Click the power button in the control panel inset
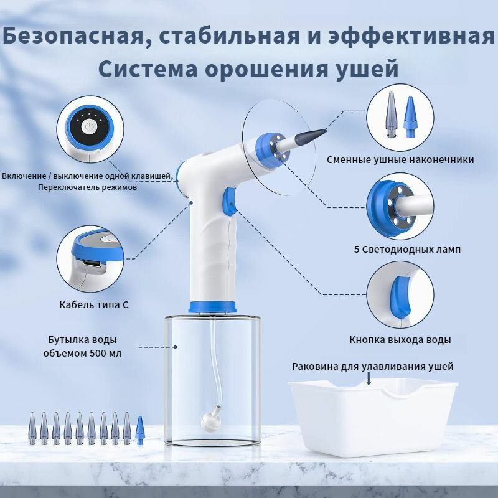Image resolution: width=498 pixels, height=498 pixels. click(x=89, y=127)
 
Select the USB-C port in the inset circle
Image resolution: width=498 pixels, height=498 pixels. click(x=92, y=263)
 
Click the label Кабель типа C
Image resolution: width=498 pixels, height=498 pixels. click(x=94, y=304)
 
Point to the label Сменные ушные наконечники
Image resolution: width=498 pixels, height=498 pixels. click(x=400, y=159)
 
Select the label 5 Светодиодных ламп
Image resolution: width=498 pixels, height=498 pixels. click(x=407, y=250)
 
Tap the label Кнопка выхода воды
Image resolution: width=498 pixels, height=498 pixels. click(x=400, y=339)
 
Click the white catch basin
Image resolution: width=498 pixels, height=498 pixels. click(x=373, y=418)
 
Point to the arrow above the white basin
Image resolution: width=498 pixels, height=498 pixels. click(x=369, y=378)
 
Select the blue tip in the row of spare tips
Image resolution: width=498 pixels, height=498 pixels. click(x=139, y=431)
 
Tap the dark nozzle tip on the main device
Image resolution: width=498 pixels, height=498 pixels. click(x=311, y=134)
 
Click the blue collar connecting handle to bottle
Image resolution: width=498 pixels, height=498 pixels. click(x=212, y=307)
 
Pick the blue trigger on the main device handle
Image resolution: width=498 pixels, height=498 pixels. click(x=230, y=202)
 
